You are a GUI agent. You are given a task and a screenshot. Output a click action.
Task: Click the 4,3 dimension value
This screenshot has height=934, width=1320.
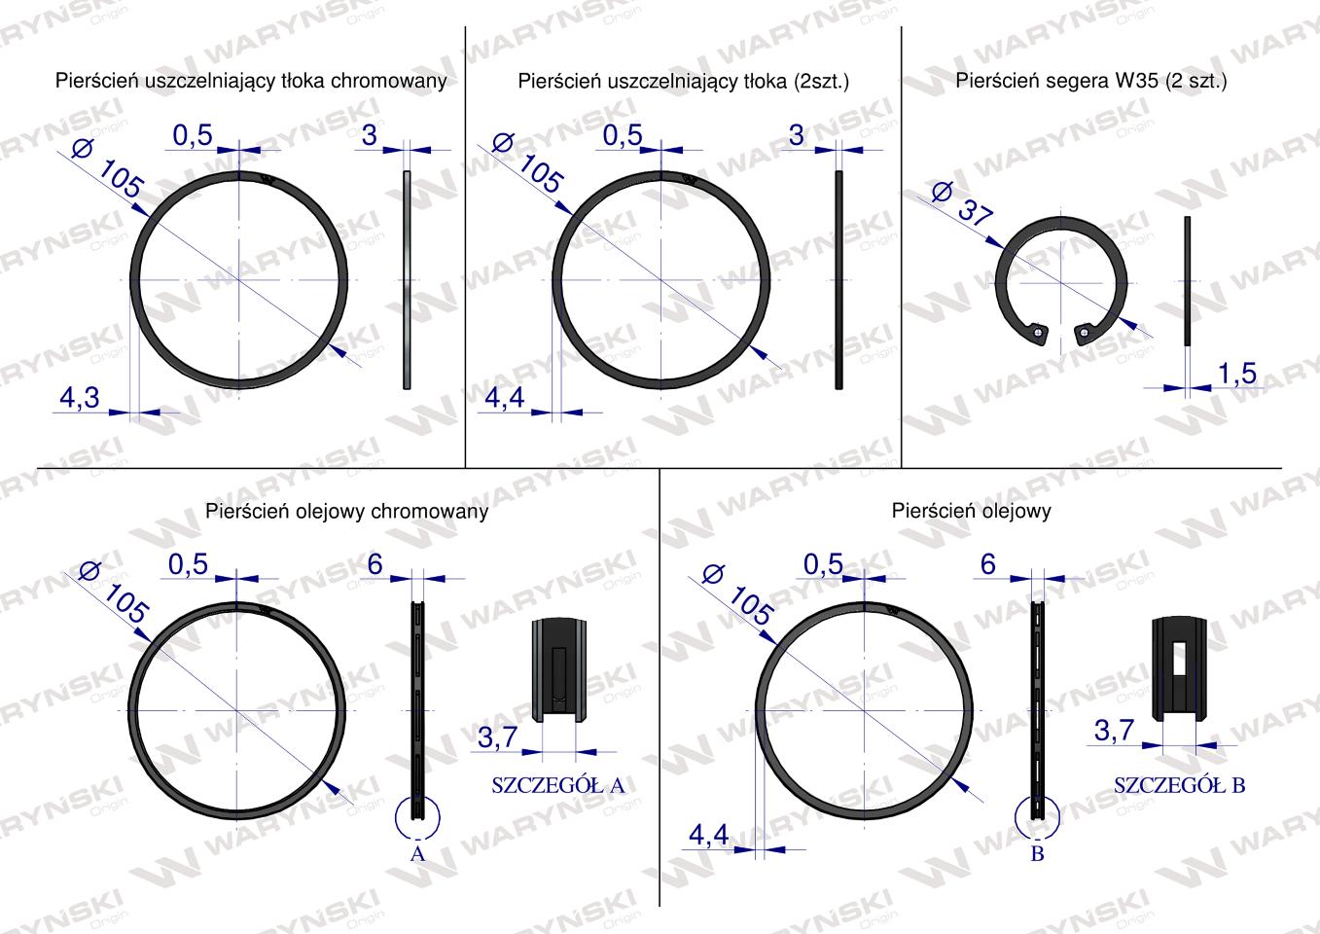80,398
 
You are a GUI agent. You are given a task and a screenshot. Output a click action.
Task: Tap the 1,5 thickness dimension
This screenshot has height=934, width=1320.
1237,374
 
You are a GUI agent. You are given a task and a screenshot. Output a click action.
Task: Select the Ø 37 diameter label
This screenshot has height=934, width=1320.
962,204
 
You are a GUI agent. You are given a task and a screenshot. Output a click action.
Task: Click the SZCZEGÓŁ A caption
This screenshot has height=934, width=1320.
557,785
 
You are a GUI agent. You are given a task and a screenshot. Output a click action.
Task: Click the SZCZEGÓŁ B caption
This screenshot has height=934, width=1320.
1180,785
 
